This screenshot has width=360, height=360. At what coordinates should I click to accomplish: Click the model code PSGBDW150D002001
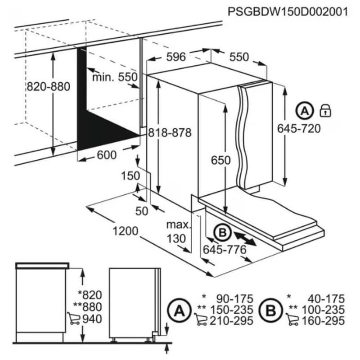point(288,12)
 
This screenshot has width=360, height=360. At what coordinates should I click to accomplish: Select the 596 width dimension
point(176,57)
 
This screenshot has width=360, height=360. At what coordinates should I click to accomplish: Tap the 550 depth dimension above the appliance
point(239,57)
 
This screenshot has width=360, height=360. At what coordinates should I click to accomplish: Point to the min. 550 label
point(114,77)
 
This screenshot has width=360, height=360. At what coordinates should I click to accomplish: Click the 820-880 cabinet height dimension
point(48,87)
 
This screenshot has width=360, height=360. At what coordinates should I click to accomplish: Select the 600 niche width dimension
point(107,155)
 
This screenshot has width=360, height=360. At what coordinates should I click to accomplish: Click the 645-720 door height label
point(299,129)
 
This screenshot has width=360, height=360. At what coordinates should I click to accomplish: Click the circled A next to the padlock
point(305,110)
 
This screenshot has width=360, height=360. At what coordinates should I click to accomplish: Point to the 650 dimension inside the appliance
point(221,161)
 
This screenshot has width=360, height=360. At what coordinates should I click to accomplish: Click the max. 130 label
point(177,231)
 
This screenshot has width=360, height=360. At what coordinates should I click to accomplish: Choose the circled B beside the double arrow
point(221,233)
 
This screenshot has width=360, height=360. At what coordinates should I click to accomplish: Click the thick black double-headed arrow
point(245,238)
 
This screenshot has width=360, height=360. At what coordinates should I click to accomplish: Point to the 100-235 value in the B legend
point(324,310)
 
